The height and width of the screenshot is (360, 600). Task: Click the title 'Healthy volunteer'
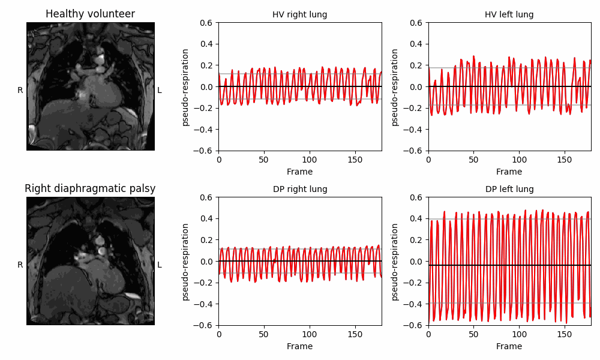(x=90, y=14)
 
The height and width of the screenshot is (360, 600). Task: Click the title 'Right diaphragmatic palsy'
(x=90, y=188)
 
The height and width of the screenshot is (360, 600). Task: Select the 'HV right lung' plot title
(x=299, y=14)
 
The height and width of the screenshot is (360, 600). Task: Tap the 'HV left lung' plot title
(x=509, y=14)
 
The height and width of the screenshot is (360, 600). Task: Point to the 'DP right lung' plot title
(x=299, y=189)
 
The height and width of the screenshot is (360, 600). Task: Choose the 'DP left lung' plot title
(x=509, y=189)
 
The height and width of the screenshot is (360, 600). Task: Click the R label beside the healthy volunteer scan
(x=20, y=91)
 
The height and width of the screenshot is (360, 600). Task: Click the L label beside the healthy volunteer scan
(x=160, y=91)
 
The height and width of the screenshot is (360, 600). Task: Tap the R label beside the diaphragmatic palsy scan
(x=20, y=265)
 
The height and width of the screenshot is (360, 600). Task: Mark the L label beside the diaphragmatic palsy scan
(x=160, y=265)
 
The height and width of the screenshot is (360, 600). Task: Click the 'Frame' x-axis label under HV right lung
(x=299, y=172)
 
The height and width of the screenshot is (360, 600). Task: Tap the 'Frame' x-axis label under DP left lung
(x=509, y=346)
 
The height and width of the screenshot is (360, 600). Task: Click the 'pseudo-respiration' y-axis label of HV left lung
(x=395, y=87)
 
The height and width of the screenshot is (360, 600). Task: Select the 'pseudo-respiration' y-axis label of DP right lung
(x=185, y=262)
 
